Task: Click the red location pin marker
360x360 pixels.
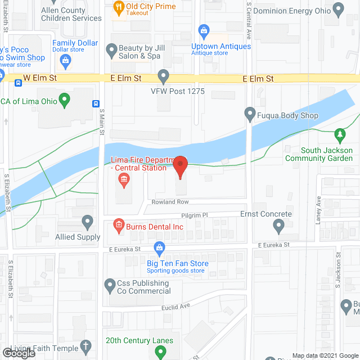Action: [x=180, y=166]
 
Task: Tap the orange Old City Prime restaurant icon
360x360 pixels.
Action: [x=118, y=7]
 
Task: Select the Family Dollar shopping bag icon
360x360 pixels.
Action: [x=66, y=59]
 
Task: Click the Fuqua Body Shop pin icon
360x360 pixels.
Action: [x=250, y=115]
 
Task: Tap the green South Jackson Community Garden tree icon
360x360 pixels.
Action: [x=339, y=135]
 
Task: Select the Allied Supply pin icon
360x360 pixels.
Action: [x=88, y=223]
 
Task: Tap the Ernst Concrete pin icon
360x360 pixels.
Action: [x=278, y=227]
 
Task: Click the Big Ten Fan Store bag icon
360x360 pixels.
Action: [x=160, y=247]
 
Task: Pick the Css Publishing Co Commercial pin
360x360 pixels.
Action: [x=110, y=287]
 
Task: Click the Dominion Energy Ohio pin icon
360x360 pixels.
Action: [x=338, y=10]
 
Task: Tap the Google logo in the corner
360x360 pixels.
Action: [x=19, y=353]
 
